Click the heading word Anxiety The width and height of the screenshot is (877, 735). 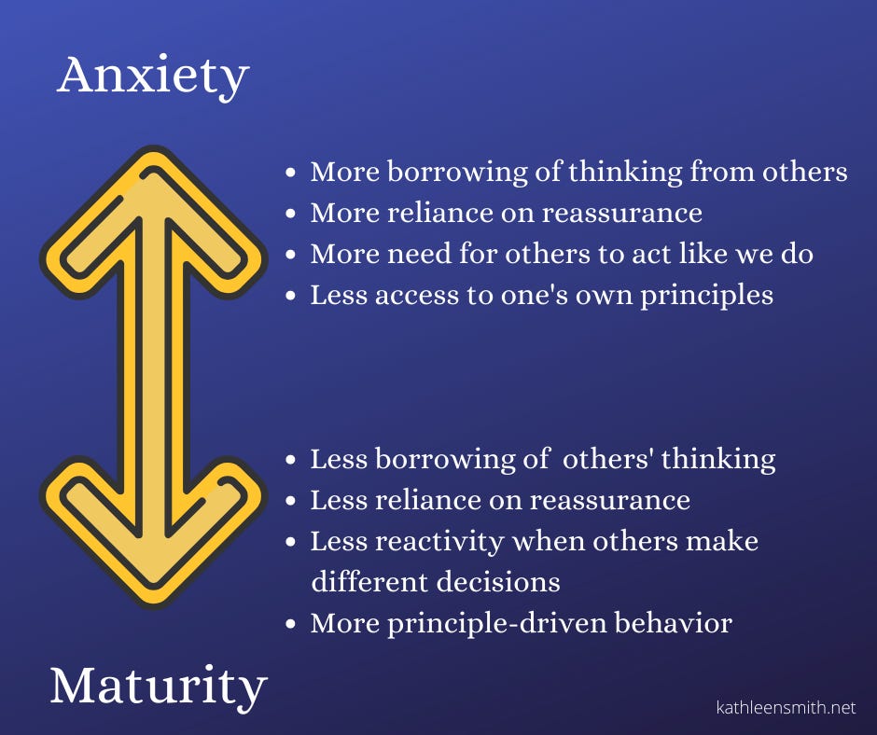[x=153, y=76]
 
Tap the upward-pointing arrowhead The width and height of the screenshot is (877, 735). [x=153, y=220]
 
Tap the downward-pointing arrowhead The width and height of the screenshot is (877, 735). [x=153, y=532]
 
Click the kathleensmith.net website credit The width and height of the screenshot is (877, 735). [x=786, y=708]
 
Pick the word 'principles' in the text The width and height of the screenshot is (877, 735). [x=706, y=296]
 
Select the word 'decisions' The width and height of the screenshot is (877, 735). [x=498, y=582]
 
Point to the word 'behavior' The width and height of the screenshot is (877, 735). [x=674, y=623]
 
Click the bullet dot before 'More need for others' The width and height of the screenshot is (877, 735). [x=290, y=255]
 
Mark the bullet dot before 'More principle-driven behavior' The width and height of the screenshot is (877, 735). [x=290, y=624]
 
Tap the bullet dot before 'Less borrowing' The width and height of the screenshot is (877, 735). [x=290, y=460]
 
